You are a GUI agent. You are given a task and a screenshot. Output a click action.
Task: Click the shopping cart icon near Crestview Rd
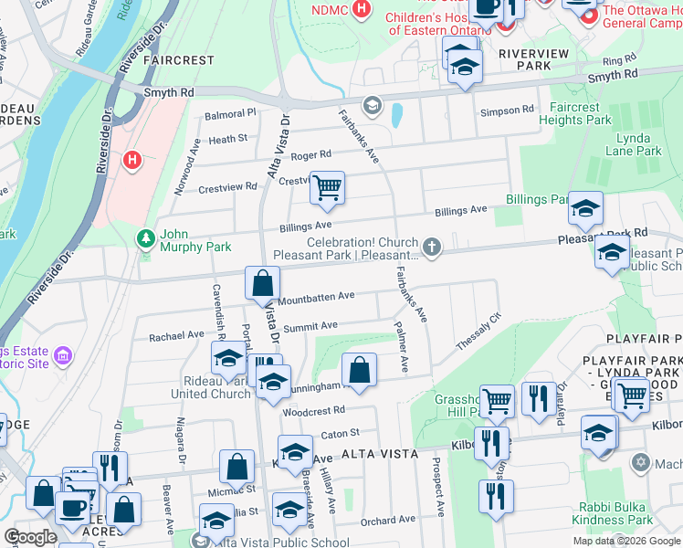(x=327, y=188)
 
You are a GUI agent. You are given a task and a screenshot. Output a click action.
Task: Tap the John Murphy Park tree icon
(x=144, y=238)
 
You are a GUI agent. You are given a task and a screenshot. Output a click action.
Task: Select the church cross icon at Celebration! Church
(x=432, y=247)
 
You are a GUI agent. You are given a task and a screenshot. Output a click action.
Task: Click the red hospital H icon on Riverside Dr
(x=133, y=161)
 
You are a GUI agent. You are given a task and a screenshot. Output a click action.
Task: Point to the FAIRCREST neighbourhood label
(x=179, y=60)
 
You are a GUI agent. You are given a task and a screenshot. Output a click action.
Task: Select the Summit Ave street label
(x=310, y=326)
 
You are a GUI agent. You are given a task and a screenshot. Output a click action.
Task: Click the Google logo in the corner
(x=30, y=537)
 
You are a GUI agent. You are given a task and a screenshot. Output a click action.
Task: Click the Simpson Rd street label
(x=507, y=111)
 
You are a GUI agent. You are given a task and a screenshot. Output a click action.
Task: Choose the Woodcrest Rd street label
(x=313, y=411)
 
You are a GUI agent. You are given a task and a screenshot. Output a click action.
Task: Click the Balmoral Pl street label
(x=230, y=114)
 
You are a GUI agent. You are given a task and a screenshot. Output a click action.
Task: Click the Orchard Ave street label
(x=387, y=520)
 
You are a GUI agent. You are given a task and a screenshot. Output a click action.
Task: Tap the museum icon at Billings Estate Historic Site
(x=63, y=354)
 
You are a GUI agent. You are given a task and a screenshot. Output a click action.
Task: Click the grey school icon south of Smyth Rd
(x=372, y=107)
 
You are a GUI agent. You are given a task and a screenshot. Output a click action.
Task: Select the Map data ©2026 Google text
(x=625, y=541)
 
